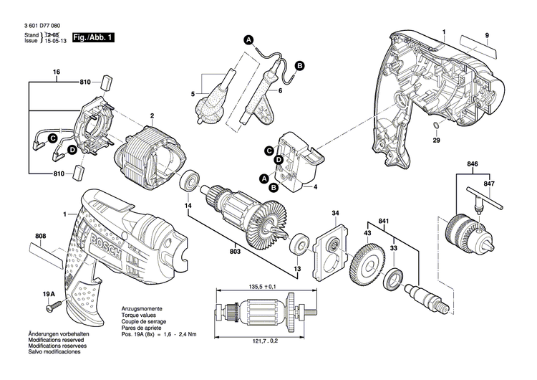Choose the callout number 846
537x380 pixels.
[x=471, y=164]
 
